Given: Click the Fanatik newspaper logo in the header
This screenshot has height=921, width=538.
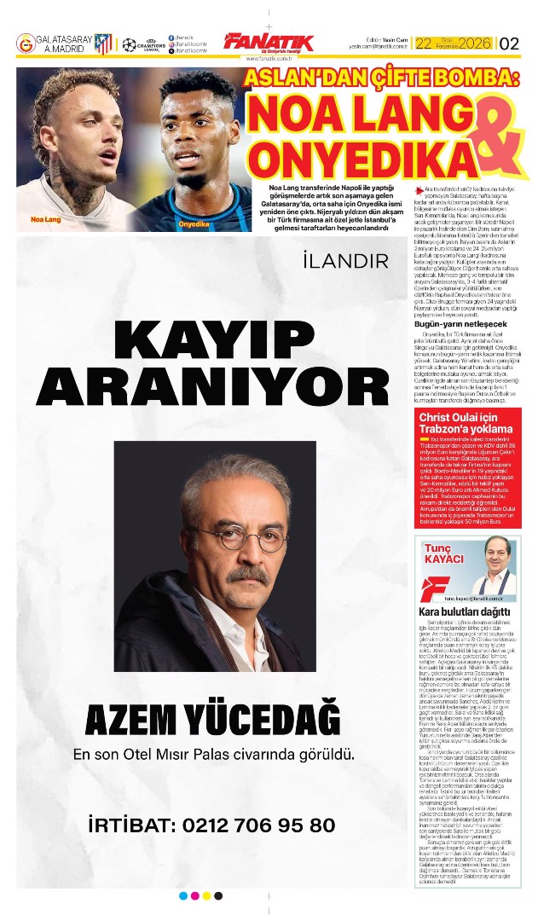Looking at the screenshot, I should tap(268, 43).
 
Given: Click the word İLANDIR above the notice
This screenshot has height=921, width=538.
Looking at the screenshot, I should tap(344, 259).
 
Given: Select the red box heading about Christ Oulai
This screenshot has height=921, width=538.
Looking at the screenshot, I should tap(464, 423).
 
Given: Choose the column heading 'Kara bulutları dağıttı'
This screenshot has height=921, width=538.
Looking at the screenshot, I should tap(465, 611).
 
